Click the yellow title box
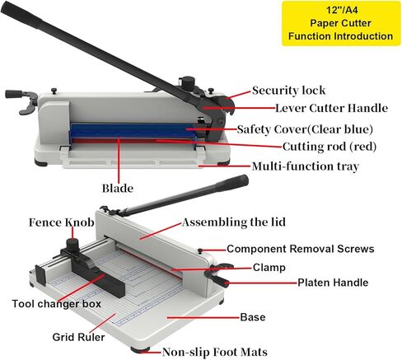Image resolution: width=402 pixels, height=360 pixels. (341, 23)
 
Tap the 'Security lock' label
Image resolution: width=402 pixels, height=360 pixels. (288, 91)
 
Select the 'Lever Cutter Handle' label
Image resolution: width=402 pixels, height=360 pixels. (331, 108)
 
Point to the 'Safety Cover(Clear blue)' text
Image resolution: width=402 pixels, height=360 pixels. (305, 129)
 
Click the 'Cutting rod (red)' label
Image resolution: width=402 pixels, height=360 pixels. (330, 147)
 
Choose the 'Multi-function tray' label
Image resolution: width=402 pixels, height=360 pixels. (306, 166)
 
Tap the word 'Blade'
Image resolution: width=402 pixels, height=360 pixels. (118, 189)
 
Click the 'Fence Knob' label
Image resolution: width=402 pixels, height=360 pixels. (62, 222)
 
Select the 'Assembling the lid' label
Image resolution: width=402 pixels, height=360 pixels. (234, 222)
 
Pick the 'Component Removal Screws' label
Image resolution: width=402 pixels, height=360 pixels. (301, 249)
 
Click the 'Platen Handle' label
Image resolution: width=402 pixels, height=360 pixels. (333, 283)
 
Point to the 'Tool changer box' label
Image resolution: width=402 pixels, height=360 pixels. (57, 304)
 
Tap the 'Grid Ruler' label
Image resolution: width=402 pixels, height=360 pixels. (78, 337)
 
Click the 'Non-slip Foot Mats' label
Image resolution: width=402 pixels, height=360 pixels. (215, 352)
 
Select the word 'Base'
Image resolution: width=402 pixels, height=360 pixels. (253, 317)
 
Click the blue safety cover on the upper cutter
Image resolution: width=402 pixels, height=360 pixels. (132, 131)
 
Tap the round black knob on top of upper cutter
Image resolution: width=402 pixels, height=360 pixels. (188, 82)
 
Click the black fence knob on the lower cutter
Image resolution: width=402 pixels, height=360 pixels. (72, 244)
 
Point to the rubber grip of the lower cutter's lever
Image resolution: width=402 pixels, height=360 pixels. (234, 182)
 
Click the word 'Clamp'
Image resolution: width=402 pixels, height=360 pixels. (269, 268)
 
